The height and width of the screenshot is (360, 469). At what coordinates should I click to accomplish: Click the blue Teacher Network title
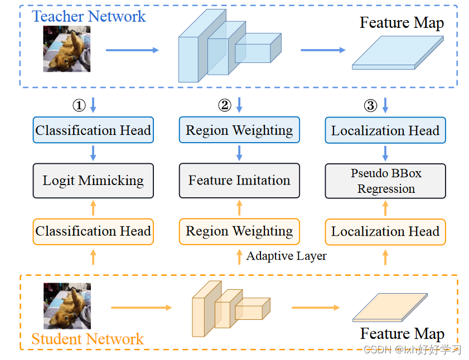point(89,17)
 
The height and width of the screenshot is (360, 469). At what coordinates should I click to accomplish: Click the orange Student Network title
point(88,339)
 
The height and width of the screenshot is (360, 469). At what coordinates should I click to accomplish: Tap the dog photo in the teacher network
point(67,49)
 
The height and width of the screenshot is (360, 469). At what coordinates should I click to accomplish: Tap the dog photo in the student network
point(67,307)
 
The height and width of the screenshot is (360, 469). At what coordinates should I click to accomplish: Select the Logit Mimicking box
point(93,181)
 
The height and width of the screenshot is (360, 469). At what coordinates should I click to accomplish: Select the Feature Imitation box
point(239,181)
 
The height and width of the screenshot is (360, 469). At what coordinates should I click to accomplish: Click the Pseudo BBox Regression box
point(385,181)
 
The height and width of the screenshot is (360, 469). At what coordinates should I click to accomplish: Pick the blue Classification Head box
point(93,130)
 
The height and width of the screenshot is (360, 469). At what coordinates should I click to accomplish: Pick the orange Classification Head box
point(93,231)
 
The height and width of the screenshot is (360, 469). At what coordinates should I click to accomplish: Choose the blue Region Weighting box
point(239,130)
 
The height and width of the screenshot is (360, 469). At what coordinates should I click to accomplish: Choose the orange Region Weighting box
point(239,231)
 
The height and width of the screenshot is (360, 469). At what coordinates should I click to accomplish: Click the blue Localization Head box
point(385,130)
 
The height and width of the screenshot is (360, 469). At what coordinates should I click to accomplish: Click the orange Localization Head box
point(385,231)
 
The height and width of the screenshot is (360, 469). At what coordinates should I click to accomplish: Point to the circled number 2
point(224,105)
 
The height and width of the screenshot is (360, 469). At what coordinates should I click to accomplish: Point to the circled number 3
point(370,105)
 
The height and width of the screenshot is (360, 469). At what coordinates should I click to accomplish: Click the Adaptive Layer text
point(286,256)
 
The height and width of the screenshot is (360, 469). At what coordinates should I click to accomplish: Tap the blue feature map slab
point(397,53)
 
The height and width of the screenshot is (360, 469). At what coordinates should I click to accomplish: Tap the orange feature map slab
point(390,308)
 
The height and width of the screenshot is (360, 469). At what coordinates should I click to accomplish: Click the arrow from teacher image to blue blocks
point(132,50)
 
